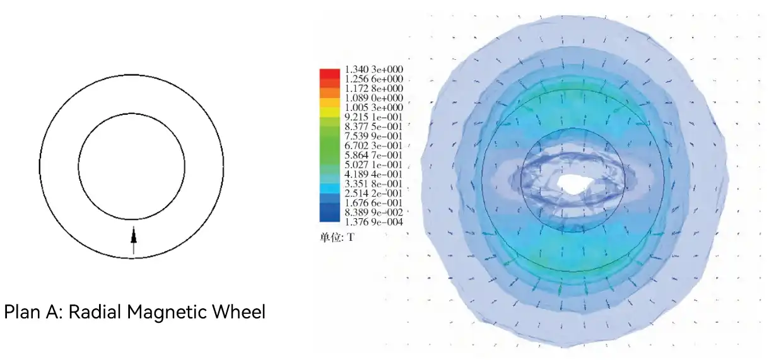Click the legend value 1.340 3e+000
[373, 69]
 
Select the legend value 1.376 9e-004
[373, 222]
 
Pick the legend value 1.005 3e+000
[373, 108]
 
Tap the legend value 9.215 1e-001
[373, 117]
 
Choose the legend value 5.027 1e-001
[373, 165]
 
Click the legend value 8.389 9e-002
[373, 212]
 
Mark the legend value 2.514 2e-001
[373, 194]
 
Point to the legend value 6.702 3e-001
[373, 146]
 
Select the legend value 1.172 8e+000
[373, 88]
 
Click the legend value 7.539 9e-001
[373, 136]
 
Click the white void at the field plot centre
[575, 185]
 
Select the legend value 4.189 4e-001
[373, 174]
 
